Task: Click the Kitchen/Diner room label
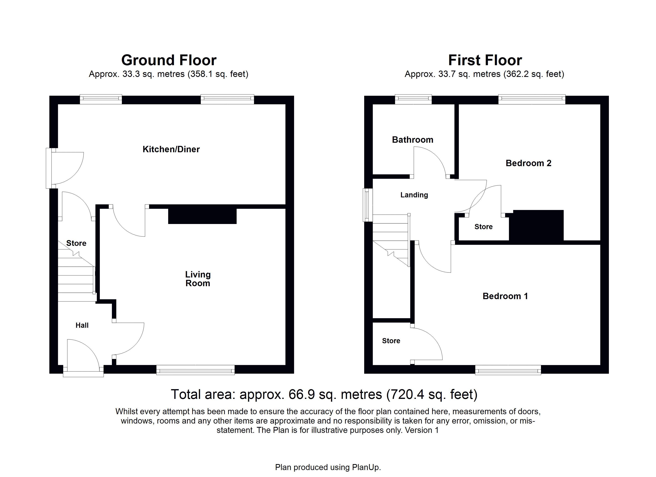171,149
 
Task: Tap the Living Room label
198,279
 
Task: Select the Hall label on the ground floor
82,325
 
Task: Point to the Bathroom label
412,140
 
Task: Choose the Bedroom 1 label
505,296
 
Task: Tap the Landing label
414,195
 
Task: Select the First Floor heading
485,60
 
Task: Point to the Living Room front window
196,370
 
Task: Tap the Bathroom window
413,99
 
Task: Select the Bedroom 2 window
532,99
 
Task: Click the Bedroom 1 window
508,370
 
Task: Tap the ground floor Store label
76,243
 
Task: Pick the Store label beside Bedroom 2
484,227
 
